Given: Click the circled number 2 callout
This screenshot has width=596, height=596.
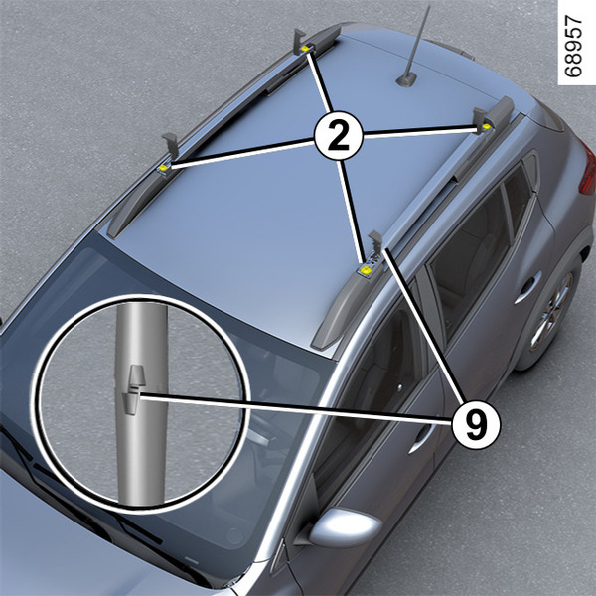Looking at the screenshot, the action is (x=339, y=136).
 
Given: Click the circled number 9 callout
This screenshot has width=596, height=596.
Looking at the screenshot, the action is (x=476, y=424).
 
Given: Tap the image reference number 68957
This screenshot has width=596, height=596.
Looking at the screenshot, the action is (x=573, y=46).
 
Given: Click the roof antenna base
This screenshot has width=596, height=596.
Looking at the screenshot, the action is (x=406, y=80).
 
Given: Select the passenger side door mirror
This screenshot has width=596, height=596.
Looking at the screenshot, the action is (x=342, y=527).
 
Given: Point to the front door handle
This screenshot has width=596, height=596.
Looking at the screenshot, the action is (x=421, y=437).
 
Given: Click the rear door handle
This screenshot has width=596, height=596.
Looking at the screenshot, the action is (x=527, y=287).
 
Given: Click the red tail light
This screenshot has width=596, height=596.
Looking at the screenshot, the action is (x=587, y=167).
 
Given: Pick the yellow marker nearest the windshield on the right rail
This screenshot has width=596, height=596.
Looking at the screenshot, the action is (x=366, y=270).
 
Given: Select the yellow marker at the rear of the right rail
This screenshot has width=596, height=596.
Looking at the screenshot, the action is (x=486, y=126).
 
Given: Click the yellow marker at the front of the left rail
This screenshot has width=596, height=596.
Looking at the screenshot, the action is (x=163, y=168).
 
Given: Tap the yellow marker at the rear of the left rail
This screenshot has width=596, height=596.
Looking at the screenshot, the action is (x=305, y=49).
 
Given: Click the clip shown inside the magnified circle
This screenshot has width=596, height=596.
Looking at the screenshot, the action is (x=131, y=390).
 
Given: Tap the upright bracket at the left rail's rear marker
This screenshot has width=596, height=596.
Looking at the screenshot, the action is (x=299, y=41).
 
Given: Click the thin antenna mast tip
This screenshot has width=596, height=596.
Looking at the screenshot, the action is (x=429, y=6).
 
